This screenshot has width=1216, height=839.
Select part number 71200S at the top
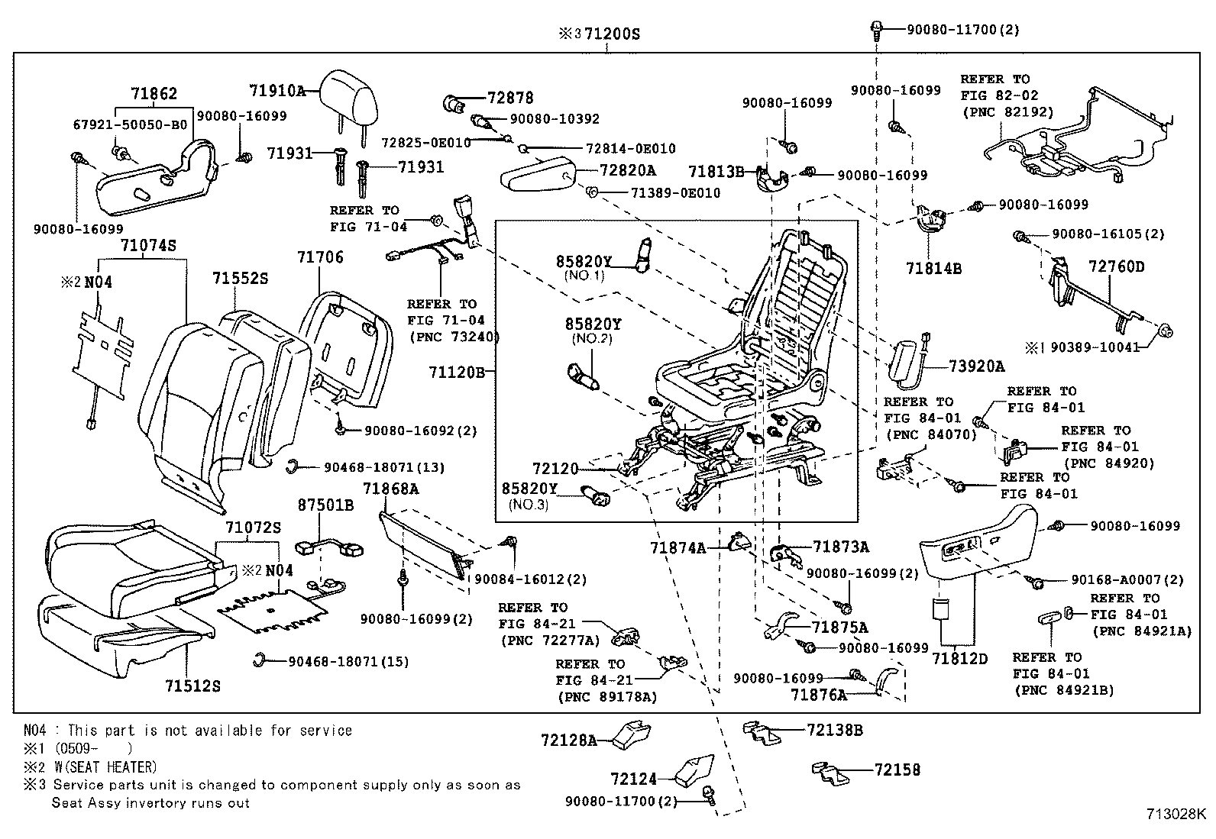611,34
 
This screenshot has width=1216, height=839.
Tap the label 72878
510,98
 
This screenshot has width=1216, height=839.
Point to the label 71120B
456,372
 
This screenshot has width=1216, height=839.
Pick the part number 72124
633,779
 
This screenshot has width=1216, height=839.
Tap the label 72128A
568,740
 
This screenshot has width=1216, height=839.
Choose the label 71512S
192,686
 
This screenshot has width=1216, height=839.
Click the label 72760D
1116,266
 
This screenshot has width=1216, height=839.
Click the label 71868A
390,489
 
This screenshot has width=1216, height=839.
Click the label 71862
154,93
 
